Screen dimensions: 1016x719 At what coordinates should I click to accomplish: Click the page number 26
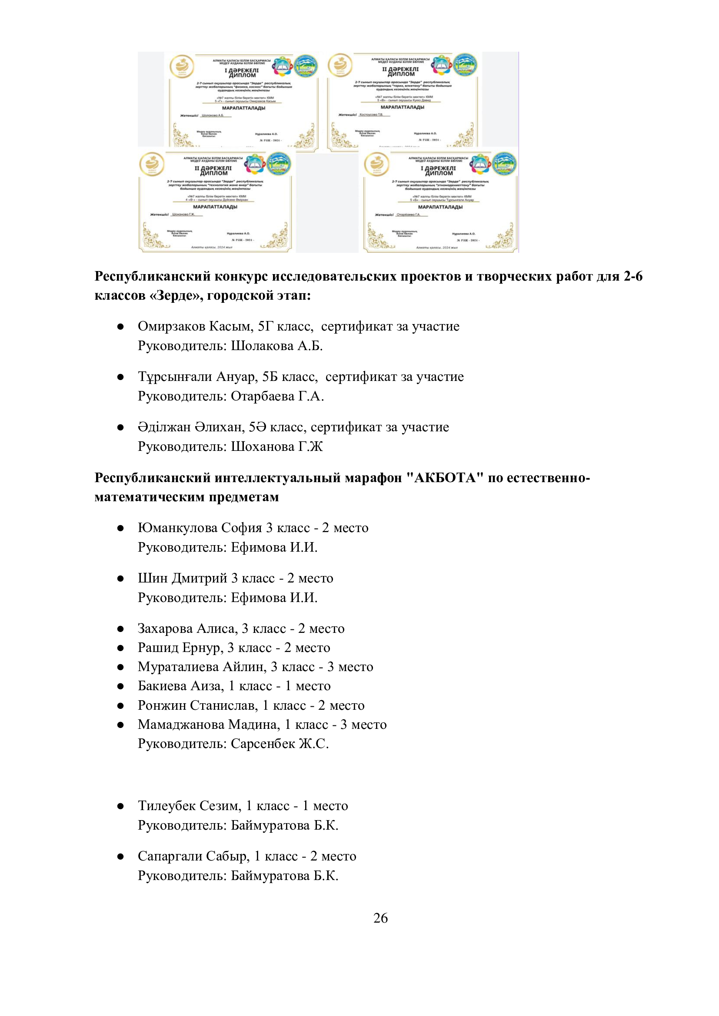click(380, 918)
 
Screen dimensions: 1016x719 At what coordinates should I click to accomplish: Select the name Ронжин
click(162, 705)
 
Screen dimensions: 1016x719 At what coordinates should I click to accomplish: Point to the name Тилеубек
click(166, 806)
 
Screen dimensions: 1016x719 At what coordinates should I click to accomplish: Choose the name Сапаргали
click(170, 856)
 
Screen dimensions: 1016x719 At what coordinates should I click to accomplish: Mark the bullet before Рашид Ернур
click(120, 648)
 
